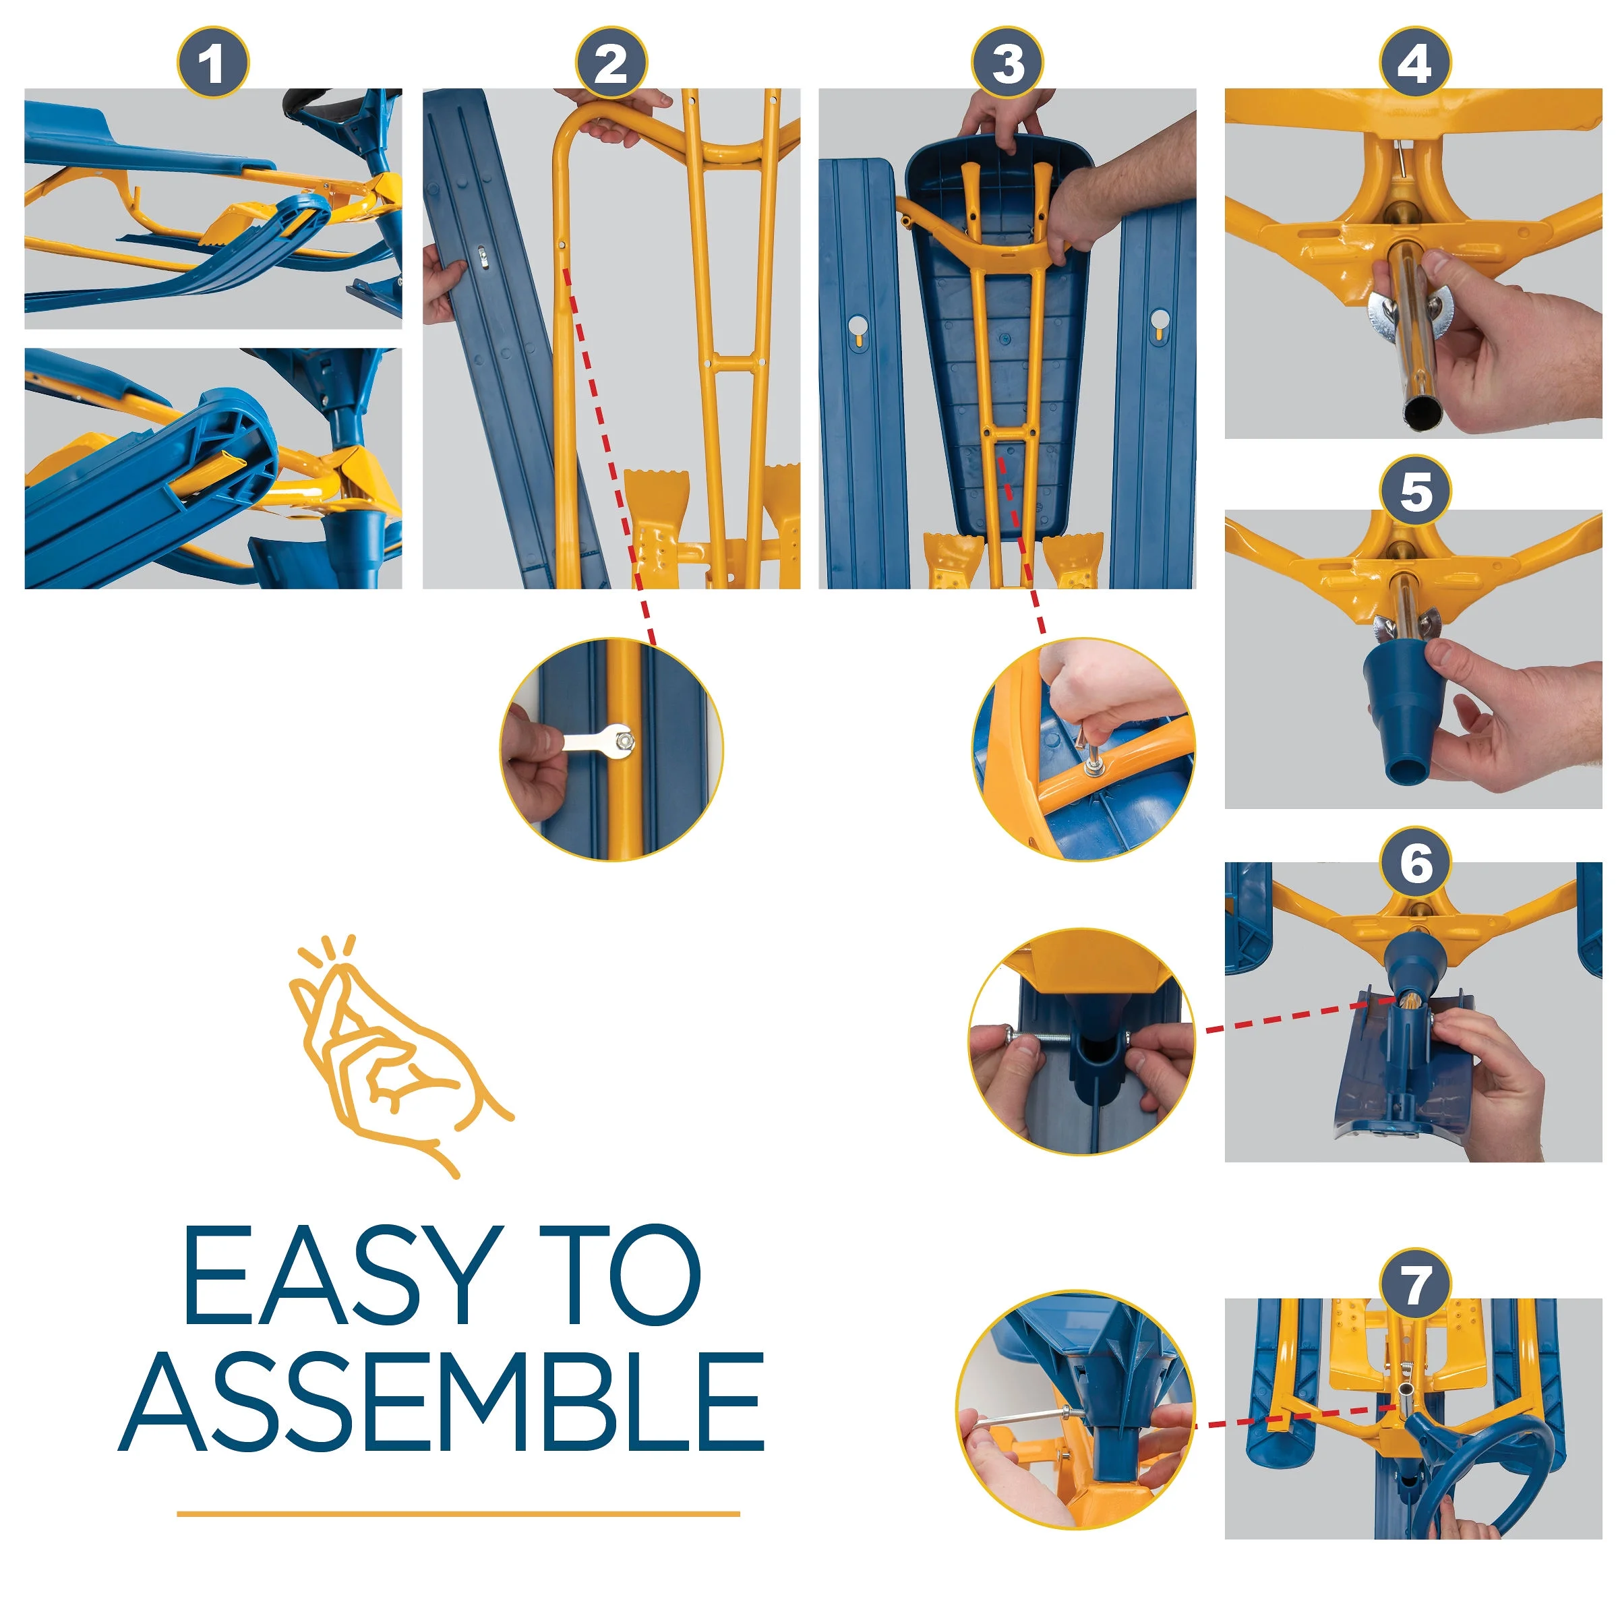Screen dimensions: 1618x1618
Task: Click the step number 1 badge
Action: click(x=213, y=62)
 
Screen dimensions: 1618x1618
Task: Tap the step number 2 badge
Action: click(x=611, y=62)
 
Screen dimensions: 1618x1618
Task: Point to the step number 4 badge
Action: click(x=1414, y=62)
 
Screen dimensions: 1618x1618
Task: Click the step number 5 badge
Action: click(x=1414, y=491)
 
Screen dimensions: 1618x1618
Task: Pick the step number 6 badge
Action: click(x=1414, y=863)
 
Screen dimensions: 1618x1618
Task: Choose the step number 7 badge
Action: click(x=1414, y=1284)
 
